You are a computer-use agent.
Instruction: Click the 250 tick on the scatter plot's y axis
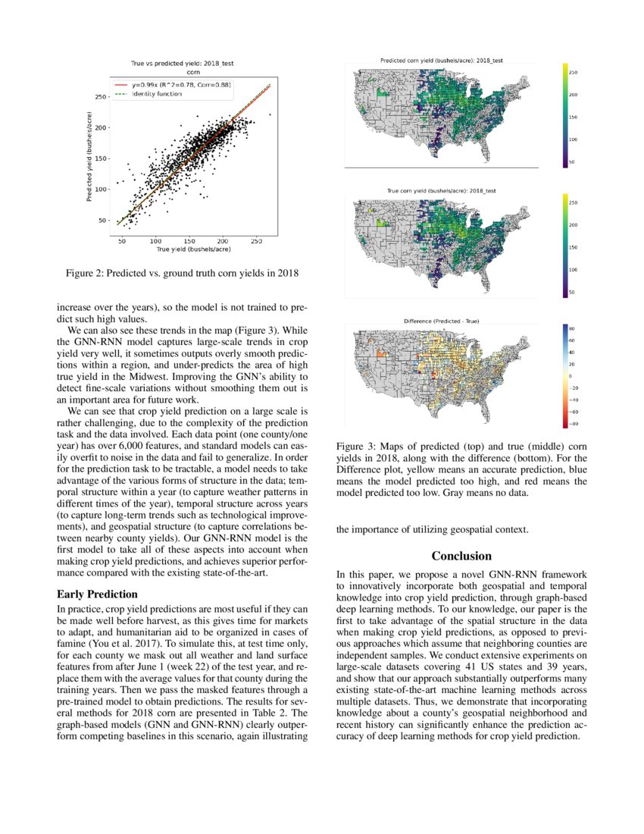(102, 97)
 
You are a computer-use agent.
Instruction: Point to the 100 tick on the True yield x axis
(154, 241)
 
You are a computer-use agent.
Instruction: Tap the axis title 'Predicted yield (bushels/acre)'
(90, 157)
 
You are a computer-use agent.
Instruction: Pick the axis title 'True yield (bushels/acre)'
(193, 249)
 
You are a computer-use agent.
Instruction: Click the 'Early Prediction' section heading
(97, 594)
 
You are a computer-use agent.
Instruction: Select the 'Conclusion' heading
(461, 556)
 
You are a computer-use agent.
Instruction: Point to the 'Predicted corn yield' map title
(441, 60)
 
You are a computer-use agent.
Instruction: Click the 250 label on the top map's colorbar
(574, 73)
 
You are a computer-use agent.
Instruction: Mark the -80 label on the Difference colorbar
(574, 423)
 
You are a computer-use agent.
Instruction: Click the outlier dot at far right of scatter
(270, 115)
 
